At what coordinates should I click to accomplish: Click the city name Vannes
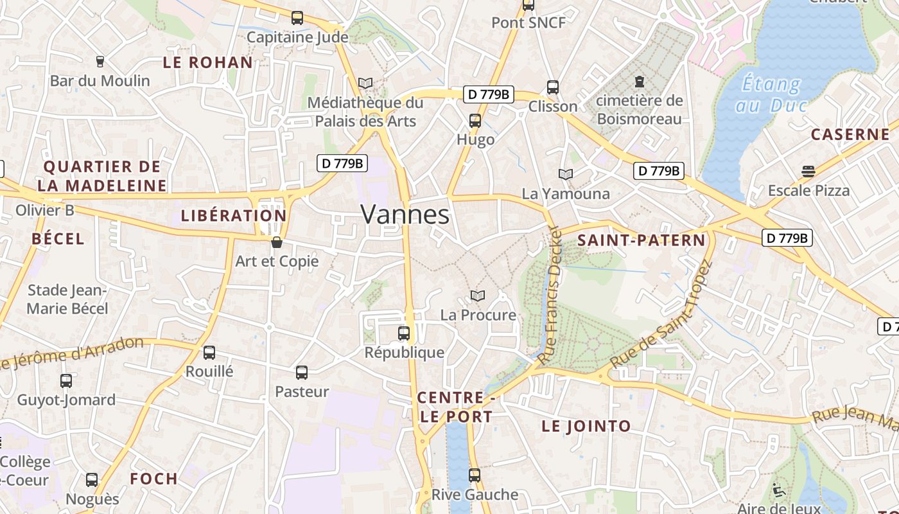pyautogui.click(x=405, y=214)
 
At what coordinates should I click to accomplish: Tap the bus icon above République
pyautogui.click(x=404, y=333)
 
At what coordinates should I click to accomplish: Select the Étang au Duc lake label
pyautogui.click(x=771, y=94)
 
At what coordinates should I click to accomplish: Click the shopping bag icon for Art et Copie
pyautogui.click(x=277, y=242)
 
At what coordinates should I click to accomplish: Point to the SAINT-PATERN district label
pyautogui.click(x=641, y=240)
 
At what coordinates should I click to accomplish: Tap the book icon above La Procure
pyautogui.click(x=477, y=296)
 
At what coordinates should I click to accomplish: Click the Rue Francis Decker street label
pyautogui.click(x=550, y=295)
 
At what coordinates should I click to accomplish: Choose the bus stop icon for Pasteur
pyautogui.click(x=302, y=372)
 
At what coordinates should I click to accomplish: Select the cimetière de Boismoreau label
pyautogui.click(x=639, y=110)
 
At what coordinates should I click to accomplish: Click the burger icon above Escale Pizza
pyautogui.click(x=808, y=172)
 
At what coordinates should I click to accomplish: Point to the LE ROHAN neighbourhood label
pyautogui.click(x=207, y=62)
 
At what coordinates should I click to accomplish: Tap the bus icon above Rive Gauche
pyautogui.click(x=475, y=475)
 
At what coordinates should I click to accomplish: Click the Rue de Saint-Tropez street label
pyautogui.click(x=661, y=314)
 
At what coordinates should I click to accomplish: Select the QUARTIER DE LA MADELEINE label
pyautogui.click(x=102, y=176)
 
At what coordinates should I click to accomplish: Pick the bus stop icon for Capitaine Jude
pyautogui.click(x=297, y=18)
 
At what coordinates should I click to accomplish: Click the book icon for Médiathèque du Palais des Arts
pyautogui.click(x=365, y=83)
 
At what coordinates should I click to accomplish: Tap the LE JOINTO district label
pyautogui.click(x=586, y=426)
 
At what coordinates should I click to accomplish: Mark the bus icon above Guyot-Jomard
pyautogui.click(x=66, y=381)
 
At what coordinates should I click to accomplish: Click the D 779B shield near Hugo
pyautogui.click(x=488, y=94)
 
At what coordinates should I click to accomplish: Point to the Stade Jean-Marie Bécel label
pyautogui.click(x=67, y=299)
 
